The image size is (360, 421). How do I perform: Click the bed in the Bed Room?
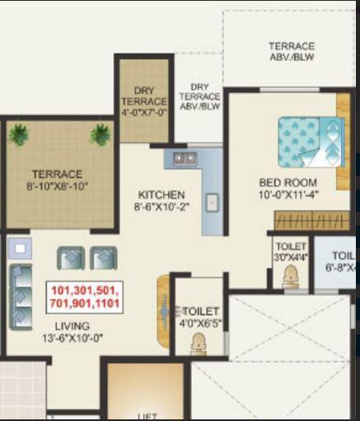point(309,141)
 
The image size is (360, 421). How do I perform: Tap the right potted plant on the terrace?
point(101,133)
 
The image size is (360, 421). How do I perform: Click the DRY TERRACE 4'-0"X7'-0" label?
point(144,101)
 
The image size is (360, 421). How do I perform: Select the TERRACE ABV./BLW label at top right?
point(291,51)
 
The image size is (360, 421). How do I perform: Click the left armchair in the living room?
point(69,259)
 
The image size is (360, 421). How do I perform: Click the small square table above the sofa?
point(20,246)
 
